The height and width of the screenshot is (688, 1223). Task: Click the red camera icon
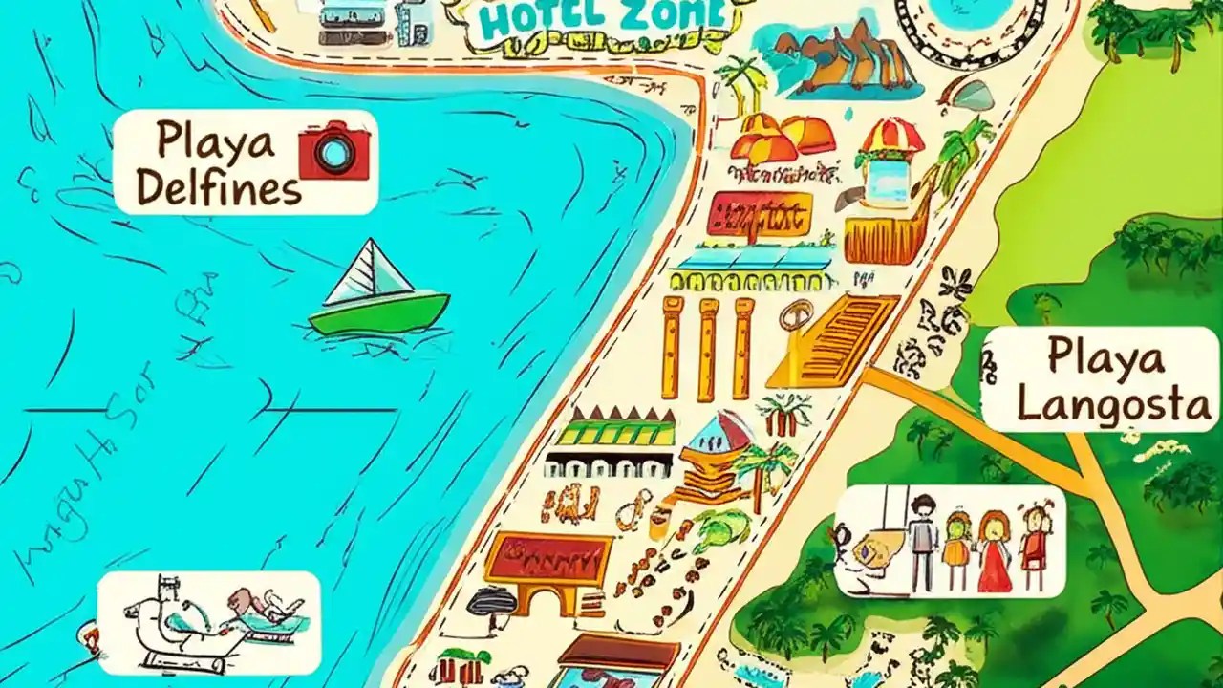[334, 150]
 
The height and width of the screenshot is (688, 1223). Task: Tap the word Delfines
[219, 189]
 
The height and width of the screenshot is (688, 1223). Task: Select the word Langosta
[1114, 405]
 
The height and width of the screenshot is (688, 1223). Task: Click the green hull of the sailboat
[378, 312]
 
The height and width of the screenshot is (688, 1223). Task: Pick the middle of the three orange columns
[707, 348]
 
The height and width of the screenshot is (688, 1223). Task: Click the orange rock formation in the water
[841, 57]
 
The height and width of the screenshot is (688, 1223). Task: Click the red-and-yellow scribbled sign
[760, 213]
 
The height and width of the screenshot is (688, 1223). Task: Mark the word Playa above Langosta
[1105, 358]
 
